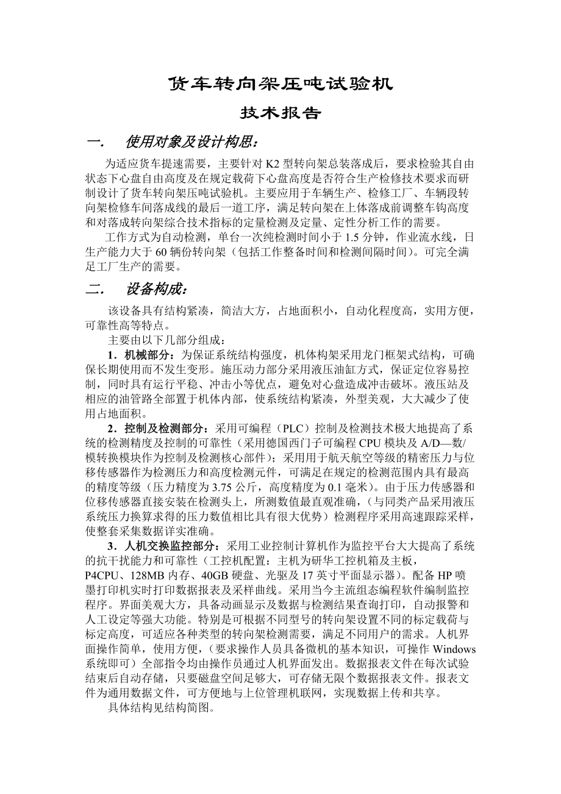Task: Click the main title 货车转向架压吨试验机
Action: pyautogui.click(x=280, y=84)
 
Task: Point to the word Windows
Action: pyautogui.click(x=454, y=648)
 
